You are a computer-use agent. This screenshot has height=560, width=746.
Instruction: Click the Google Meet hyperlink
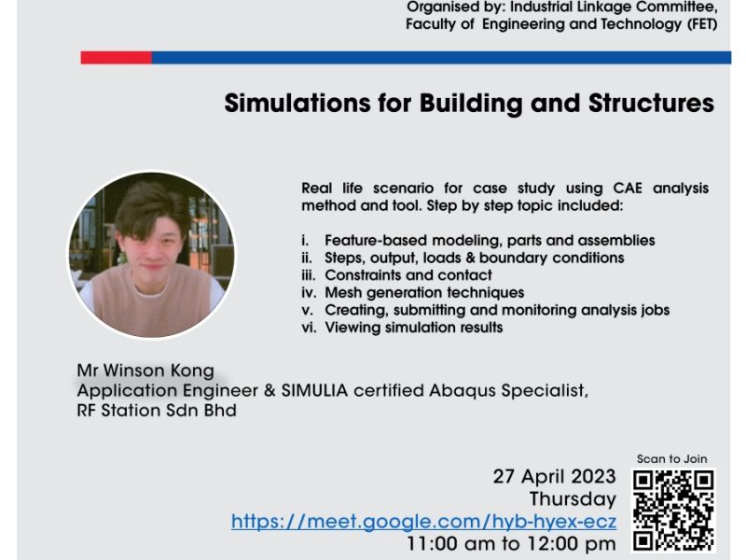tap(424, 522)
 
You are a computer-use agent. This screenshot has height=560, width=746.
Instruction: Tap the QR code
tap(673, 511)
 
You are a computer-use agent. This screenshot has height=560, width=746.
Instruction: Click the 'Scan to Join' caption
tap(671, 458)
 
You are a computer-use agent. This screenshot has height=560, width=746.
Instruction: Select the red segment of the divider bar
tap(116, 58)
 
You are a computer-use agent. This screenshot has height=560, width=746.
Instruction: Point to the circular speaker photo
tap(152, 255)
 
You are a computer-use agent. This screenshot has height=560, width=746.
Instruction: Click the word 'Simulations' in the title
tap(297, 103)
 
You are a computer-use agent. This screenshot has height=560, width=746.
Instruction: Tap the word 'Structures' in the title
tap(651, 103)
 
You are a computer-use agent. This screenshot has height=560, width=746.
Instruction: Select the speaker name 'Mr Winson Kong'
tap(145, 370)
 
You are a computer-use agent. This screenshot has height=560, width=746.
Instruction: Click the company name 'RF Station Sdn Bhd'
tap(157, 410)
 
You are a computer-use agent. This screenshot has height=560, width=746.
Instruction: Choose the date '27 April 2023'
tap(554, 476)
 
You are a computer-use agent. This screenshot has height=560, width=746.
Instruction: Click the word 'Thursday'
tap(573, 499)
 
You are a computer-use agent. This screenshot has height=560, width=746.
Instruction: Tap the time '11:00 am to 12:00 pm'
tap(511, 543)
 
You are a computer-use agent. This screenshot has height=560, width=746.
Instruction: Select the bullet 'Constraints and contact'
tap(408, 274)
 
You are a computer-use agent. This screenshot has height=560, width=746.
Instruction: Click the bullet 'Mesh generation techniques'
tap(424, 292)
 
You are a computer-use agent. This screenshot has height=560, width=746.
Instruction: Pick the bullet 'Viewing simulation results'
tap(413, 328)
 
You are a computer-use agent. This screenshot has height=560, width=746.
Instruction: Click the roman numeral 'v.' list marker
tap(308, 310)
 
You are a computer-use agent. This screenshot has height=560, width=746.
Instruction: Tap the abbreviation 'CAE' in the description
tap(628, 188)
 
